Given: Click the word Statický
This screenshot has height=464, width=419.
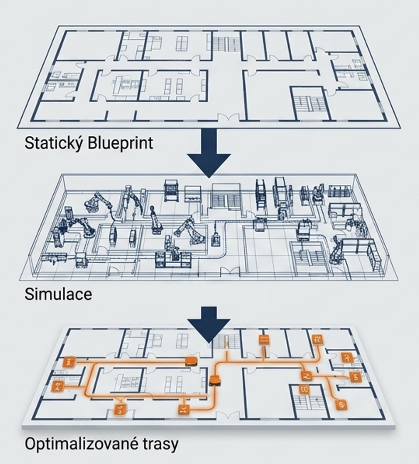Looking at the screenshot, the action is (54, 143).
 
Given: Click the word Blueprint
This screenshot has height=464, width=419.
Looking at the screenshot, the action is (120, 143).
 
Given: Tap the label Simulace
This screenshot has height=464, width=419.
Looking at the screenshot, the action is (58, 294).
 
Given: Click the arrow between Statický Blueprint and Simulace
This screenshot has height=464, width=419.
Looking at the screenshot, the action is (209, 153).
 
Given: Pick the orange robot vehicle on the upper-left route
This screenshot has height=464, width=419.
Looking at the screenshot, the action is (191, 361).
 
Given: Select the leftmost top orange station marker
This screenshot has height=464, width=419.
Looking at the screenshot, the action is (70, 362).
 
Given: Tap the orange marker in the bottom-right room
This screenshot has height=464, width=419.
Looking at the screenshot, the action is (342, 404).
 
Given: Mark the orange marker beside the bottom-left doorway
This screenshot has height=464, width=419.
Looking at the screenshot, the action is (120, 410).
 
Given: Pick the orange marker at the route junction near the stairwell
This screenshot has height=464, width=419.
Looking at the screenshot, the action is (307, 376).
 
